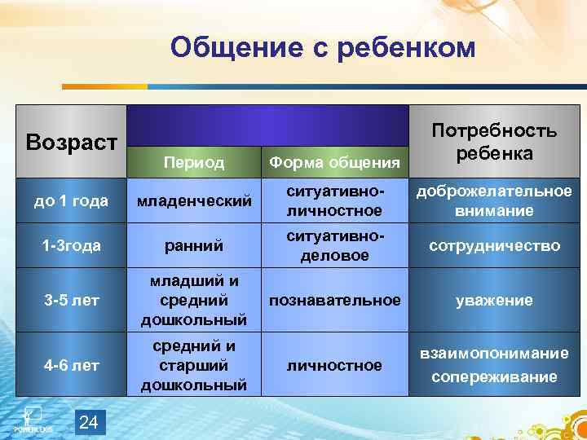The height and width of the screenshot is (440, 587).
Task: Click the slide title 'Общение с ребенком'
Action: (322, 49)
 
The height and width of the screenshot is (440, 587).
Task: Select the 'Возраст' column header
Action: (73, 142)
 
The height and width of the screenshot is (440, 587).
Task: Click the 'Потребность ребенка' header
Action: (494, 142)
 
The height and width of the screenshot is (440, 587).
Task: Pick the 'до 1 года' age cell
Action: (73, 201)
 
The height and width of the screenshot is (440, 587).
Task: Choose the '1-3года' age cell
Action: (73, 245)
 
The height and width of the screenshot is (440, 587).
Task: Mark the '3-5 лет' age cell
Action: (73, 301)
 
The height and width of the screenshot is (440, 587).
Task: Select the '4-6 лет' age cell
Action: (73, 366)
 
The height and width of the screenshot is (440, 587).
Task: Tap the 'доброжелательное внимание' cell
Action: (494, 200)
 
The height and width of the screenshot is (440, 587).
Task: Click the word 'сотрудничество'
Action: (494, 245)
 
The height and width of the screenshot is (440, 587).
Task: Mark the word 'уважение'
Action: (494, 301)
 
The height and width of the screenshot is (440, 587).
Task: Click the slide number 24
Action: (90, 421)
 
